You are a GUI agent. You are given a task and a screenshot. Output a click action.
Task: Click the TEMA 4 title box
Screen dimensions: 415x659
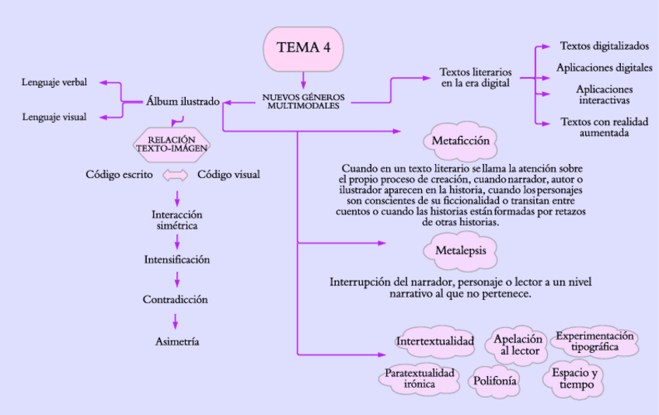click(304, 47)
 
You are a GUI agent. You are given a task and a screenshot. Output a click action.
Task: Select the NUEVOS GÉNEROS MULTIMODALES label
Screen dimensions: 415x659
click(304, 101)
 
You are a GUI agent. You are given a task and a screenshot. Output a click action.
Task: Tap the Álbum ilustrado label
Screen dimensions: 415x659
click(183, 101)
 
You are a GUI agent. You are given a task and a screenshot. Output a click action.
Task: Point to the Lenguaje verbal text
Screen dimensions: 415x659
click(54, 82)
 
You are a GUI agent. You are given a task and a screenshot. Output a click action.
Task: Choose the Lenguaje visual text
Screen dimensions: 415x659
click(54, 117)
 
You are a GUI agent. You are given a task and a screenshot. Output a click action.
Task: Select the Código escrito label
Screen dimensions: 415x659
click(119, 175)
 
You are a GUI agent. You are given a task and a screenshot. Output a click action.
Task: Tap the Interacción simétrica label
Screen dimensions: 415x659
click(177, 219)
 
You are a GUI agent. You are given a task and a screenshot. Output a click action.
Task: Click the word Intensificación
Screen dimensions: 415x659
click(177, 260)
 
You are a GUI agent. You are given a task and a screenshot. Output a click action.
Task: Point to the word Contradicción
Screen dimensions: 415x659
click(175, 299)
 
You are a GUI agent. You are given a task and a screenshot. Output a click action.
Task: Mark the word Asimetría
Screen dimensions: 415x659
click(176, 341)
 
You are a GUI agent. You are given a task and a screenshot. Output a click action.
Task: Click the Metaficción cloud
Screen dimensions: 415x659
click(460, 141)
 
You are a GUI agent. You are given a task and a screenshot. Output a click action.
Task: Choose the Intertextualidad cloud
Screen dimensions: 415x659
click(434, 341)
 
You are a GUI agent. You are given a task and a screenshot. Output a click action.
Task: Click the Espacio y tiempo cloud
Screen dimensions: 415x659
click(574, 378)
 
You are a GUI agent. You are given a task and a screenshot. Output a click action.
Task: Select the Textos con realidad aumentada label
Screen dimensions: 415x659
click(597, 127)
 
